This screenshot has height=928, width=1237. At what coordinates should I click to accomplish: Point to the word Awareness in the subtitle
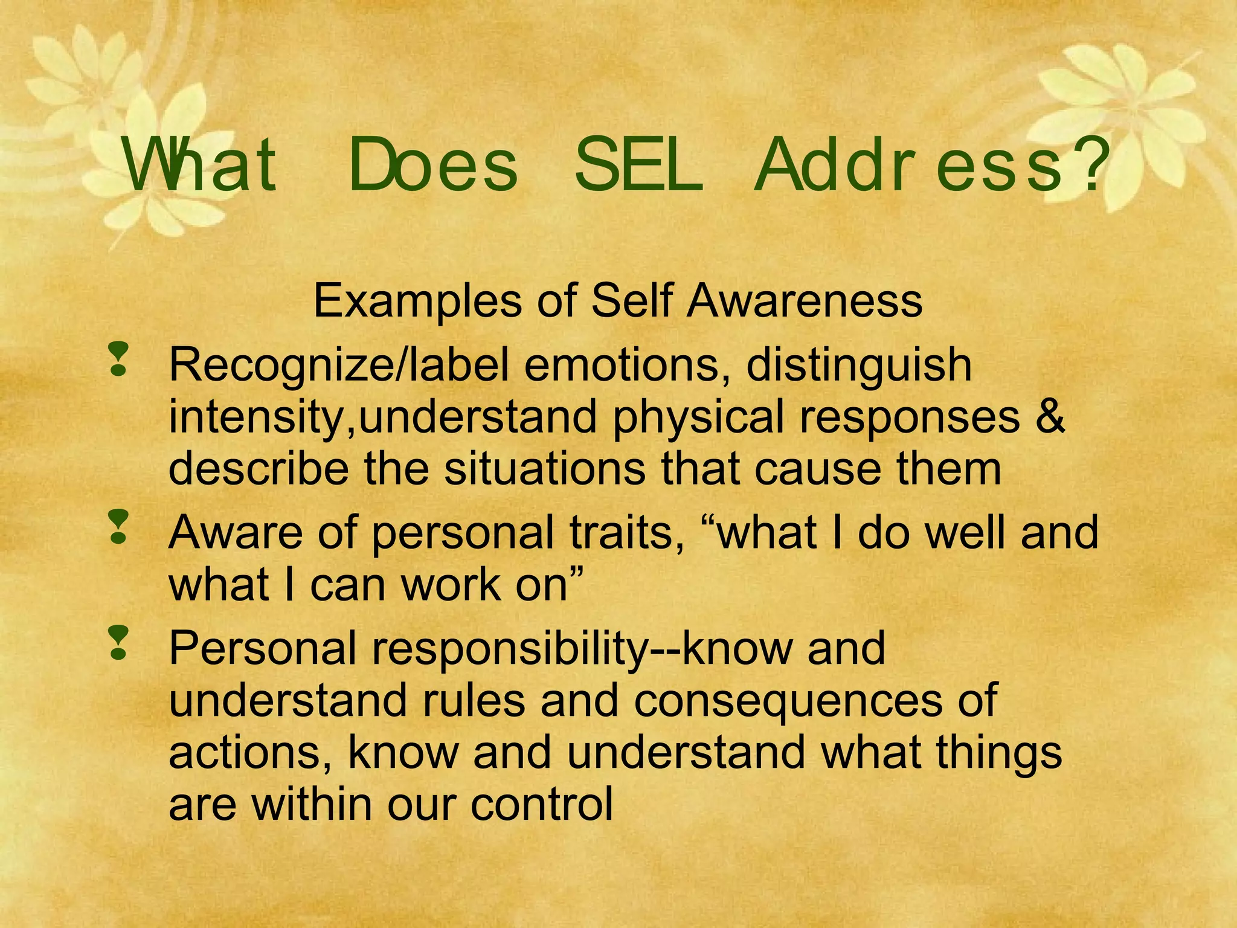pos(805,301)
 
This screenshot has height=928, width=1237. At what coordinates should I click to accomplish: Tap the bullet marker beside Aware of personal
pos(118,527)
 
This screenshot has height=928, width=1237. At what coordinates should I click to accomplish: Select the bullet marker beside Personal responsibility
pos(118,643)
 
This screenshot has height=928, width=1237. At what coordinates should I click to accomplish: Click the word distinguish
pos(859,366)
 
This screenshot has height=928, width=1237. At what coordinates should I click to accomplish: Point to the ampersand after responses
pos(1050,417)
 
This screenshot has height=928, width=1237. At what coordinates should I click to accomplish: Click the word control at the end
pos(542,804)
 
